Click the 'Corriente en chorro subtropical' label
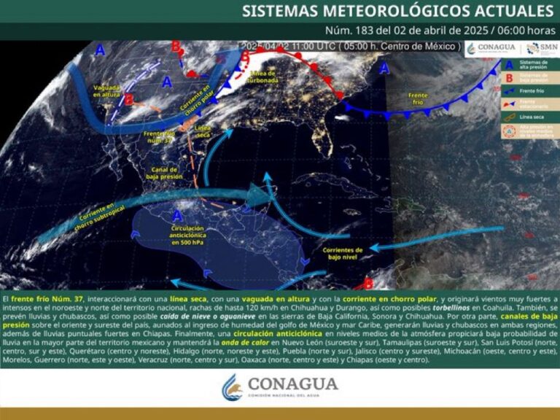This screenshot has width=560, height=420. click(x=97, y=211)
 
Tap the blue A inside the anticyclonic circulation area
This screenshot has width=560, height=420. click(x=177, y=216)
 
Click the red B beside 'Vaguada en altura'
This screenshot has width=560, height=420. click(x=129, y=99)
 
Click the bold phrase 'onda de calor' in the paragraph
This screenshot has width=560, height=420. click(x=250, y=342)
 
